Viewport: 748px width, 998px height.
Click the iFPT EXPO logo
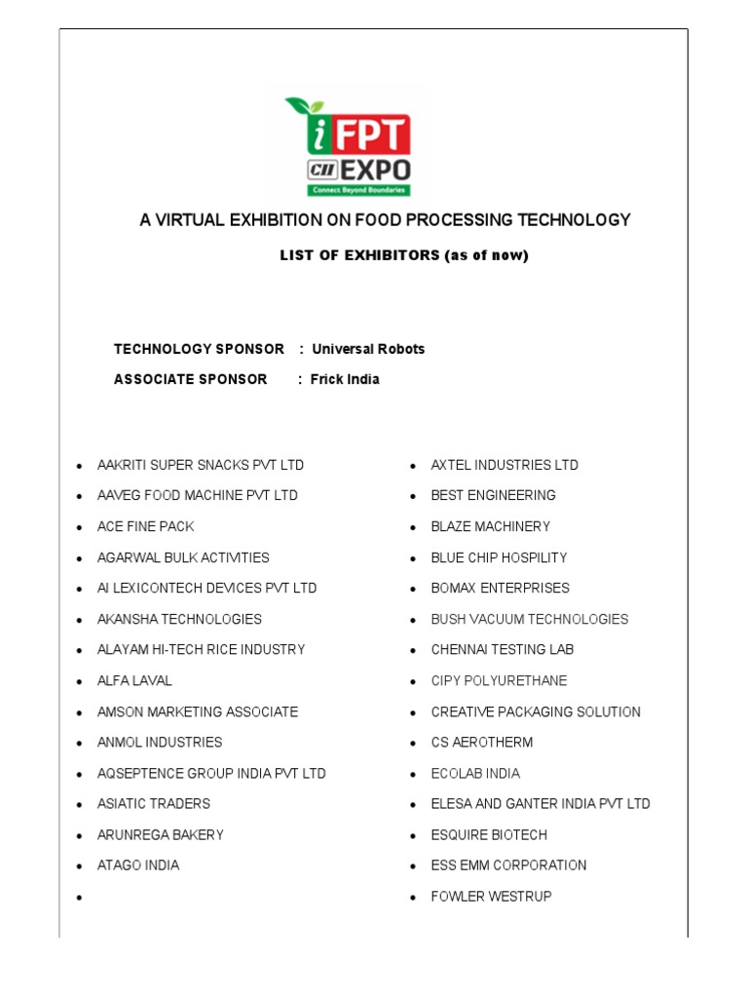tap(348, 146)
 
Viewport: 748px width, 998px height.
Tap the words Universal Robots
tap(368, 349)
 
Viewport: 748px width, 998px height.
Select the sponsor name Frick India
tap(345, 379)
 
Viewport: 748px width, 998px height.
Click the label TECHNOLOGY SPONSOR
tap(199, 349)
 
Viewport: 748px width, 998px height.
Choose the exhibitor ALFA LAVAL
tap(134, 680)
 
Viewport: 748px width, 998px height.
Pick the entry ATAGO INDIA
tap(138, 864)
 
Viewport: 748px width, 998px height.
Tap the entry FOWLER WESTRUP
tap(491, 896)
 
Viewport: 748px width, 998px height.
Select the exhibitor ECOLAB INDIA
tap(475, 773)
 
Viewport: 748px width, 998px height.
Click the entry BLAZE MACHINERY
tap(491, 526)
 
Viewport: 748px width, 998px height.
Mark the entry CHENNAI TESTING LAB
tap(503, 649)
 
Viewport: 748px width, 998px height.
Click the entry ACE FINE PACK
tap(146, 526)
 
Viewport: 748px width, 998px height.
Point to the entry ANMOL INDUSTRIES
tap(160, 742)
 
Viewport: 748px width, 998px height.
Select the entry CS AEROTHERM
tap(482, 742)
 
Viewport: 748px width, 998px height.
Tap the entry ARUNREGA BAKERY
tap(161, 834)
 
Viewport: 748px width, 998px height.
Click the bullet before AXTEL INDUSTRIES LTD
tap(414, 466)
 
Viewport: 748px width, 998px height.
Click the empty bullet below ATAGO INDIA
tap(80, 897)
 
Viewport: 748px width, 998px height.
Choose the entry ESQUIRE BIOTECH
tap(489, 834)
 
